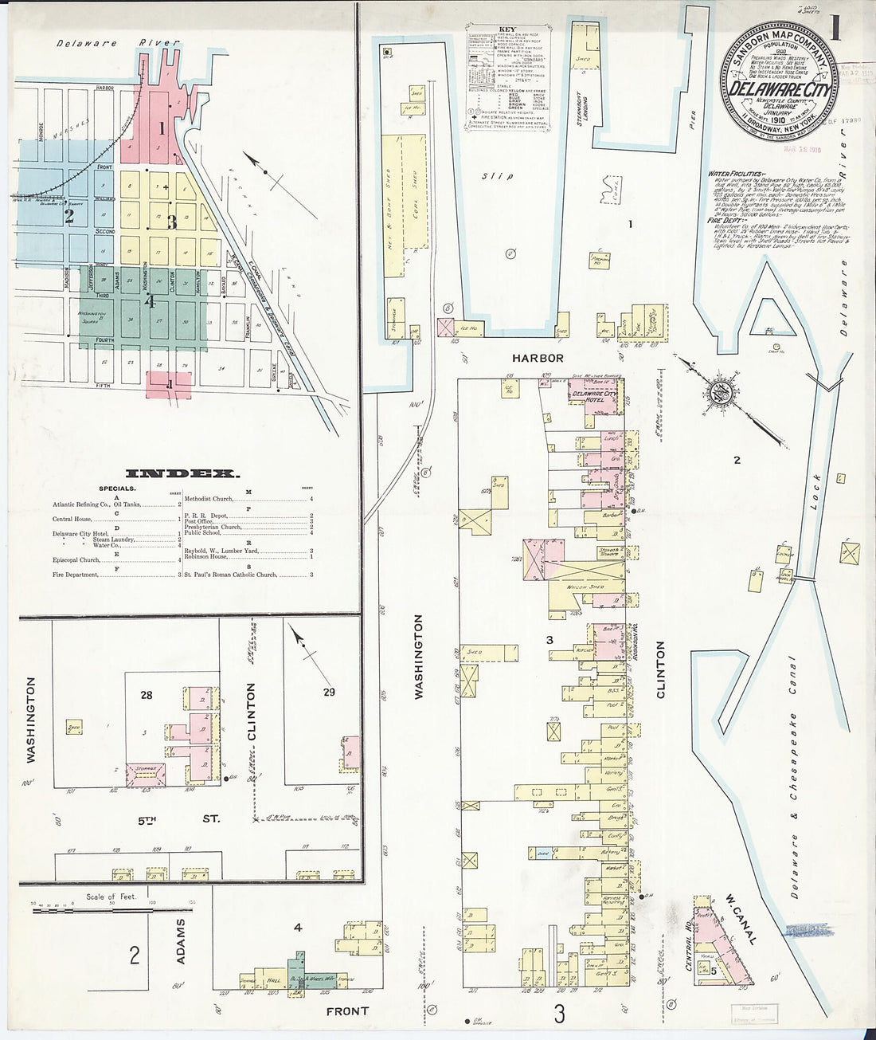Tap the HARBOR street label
click(x=538, y=359)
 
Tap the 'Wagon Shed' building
click(x=585, y=587)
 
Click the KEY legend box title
click(x=507, y=29)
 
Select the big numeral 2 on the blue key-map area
click(x=69, y=216)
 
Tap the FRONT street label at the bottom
click(x=347, y=1011)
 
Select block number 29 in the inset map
click(x=329, y=692)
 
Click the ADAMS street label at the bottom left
click(x=181, y=941)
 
